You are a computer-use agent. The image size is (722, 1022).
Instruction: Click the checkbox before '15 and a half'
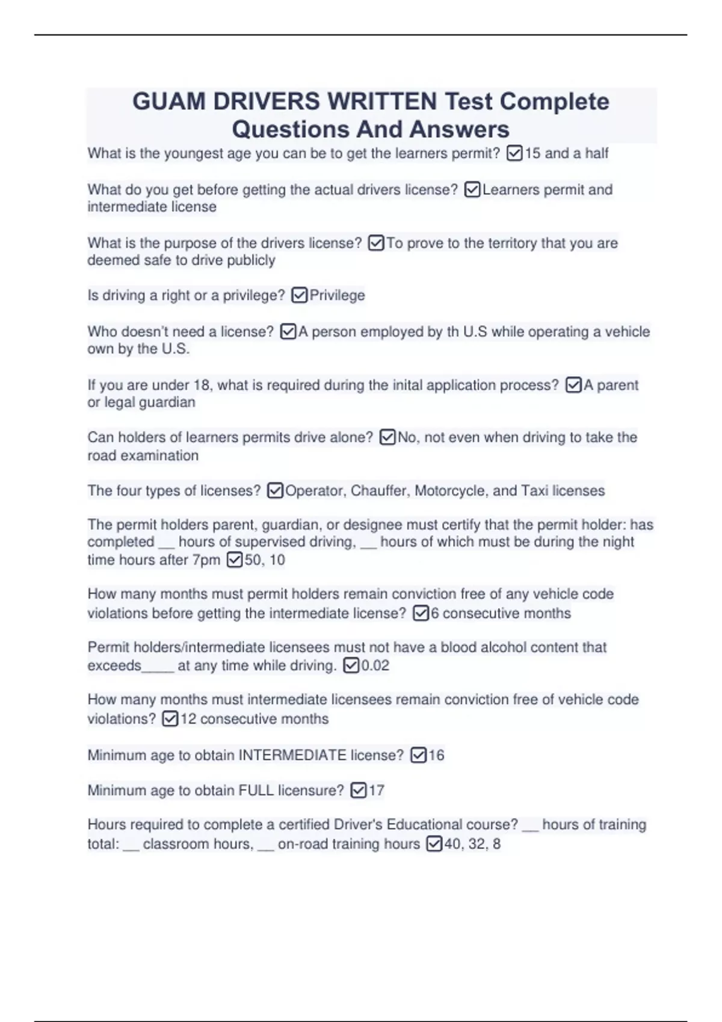point(514,153)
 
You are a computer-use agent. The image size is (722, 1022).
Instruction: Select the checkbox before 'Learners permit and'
point(473,190)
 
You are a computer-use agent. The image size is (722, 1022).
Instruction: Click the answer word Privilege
point(337,295)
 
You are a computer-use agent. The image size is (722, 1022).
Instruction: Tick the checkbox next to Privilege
point(299,295)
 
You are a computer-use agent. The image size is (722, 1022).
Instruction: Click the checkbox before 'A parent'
point(573,385)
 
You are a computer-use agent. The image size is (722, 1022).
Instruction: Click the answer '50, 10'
point(265,560)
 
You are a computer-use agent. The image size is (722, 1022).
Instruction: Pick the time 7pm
point(206,560)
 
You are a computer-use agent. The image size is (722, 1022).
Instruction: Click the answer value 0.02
point(375,666)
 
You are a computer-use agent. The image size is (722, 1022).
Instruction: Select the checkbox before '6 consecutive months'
point(421,613)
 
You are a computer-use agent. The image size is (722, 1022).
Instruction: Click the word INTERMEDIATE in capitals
point(292,755)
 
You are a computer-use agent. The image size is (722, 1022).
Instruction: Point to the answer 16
point(436,755)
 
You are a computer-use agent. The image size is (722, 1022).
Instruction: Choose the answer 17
point(376,790)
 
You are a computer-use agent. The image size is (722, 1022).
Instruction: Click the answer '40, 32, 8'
point(472,843)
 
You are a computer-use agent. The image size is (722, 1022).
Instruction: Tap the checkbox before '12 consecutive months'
point(170,718)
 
